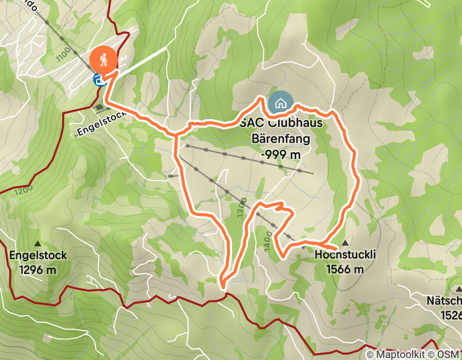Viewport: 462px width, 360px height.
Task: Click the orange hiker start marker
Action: coord(103,60)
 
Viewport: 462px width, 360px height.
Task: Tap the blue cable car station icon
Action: coord(99,80)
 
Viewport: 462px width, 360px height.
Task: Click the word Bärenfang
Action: coord(280,138)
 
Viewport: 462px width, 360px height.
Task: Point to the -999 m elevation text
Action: coord(280,153)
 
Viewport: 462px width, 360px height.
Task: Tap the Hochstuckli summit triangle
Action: coord(345,242)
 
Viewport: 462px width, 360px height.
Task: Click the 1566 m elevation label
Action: coord(345,269)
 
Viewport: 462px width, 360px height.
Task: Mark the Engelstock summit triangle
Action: coord(38,243)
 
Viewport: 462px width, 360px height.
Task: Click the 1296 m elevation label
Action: coord(38,269)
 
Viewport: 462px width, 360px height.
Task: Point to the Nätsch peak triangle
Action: coord(457,286)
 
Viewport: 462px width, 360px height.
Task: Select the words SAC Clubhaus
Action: coord(278,124)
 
